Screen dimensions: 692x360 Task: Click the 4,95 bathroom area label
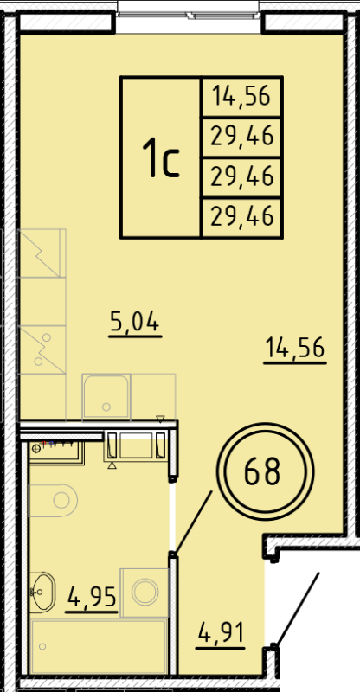pyautogui.click(x=91, y=596)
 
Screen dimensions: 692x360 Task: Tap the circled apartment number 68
pyautogui.click(x=262, y=472)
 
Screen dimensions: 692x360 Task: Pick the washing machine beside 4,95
pyautogui.click(x=145, y=593)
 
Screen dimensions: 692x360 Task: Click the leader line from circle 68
pyautogui.click(x=195, y=520)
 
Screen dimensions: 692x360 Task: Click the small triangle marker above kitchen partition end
pyautogui.click(x=160, y=419)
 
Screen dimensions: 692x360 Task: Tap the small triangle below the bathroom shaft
pyautogui.click(x=112, y=465)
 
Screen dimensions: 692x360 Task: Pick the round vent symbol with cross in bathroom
pyautogui.click(x=35, y=449)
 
